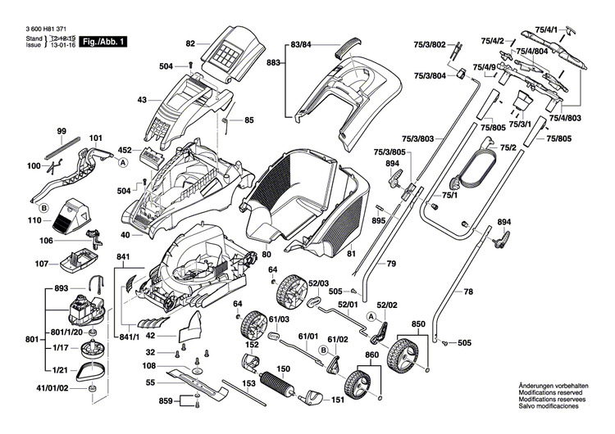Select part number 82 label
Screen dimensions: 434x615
(x=190, y=43)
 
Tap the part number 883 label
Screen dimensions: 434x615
(x=275, y=62)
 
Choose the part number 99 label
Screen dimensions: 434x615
(x=61, y=131)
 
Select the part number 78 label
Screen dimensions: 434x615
(x=468, y=292)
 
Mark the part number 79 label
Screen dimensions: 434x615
(x=391, y=264)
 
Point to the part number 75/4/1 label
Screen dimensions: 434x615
(x=570, y=30)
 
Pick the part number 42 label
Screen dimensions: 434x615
(x=150, y=335)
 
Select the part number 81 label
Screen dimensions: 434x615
(x=352, y=255)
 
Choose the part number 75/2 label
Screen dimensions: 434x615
(x=508, y=147)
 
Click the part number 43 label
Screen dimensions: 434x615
(x=142, y=100)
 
